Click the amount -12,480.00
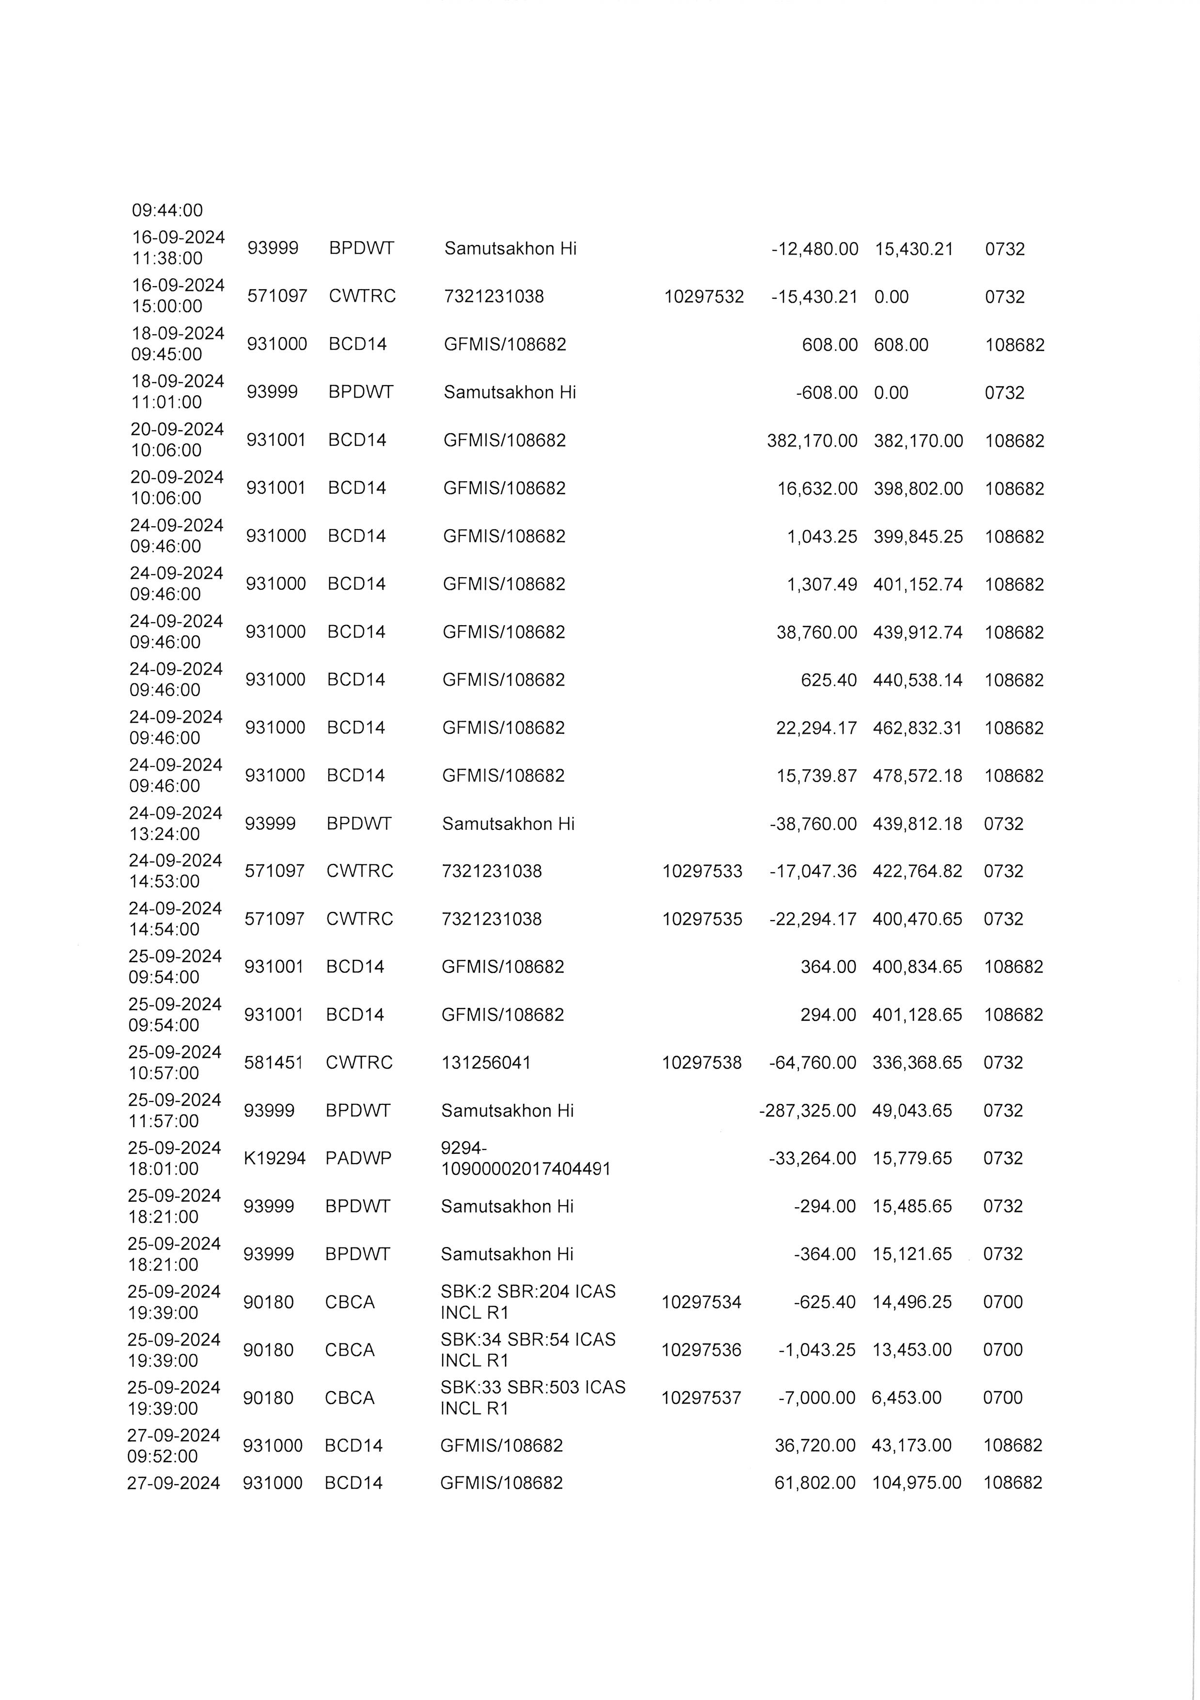[815, 249]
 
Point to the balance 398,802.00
[918, 489]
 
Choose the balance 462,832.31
[917, 729]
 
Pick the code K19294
[274, 1158]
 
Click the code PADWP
[358, 1158]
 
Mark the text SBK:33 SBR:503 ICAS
[532, 1387]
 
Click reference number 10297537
[701, 1398]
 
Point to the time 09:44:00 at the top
[167, 211]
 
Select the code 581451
[273, 1063]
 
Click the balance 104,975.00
[916, 1482]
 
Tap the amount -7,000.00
[816, 1398]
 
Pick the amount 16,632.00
[817, 489]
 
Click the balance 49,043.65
[912, 1111]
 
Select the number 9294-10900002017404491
[525, 1159]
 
